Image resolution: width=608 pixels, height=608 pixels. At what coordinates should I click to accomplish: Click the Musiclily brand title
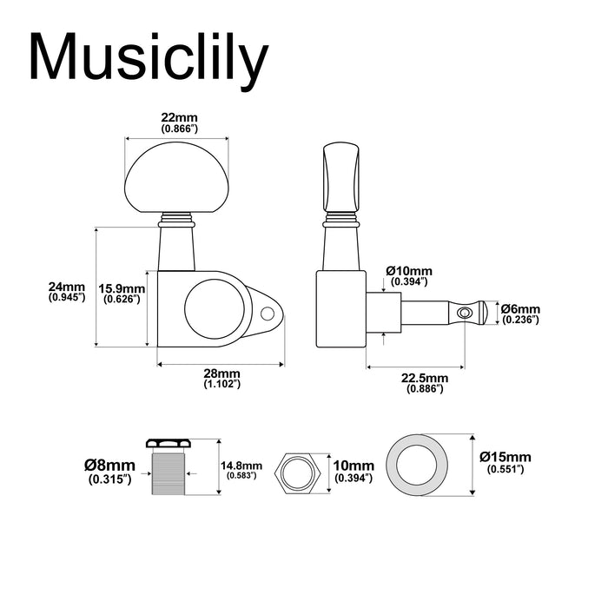(x=149, y=58)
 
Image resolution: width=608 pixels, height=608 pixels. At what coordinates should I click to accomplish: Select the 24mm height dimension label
(x=67, y=287)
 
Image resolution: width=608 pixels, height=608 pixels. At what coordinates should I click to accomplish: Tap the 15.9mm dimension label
(x=121, y=288)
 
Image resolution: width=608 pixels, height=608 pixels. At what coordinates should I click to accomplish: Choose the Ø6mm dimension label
(x=521, y=309)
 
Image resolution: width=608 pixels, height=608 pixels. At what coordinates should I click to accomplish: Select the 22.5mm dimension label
(x=425, y=378)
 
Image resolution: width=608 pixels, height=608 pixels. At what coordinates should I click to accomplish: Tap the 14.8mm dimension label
(x=242, y=465)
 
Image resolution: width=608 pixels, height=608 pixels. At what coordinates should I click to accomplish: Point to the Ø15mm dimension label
(x=508, y=458)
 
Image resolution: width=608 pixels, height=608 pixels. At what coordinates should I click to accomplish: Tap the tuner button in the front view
(x=176, y=179)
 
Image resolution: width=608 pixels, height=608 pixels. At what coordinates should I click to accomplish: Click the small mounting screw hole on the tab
(x=268, y=313)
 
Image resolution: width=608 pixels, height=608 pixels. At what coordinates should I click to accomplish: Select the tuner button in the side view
(x=341, y=177)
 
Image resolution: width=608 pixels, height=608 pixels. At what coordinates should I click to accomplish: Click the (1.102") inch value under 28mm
(x=221, y=383)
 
